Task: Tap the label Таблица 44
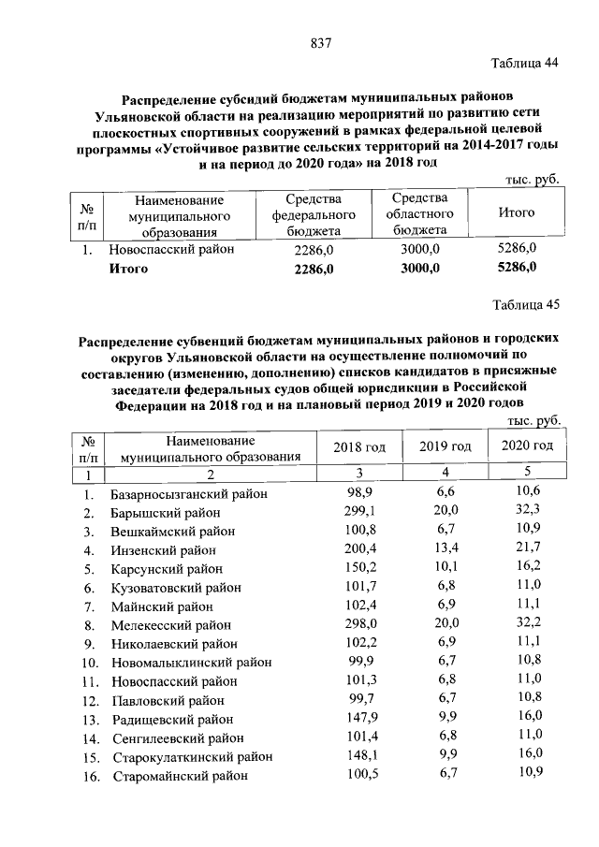click(x=524, y=64)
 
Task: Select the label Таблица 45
click(x=524, y=305)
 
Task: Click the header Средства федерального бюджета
click(x=314, y=214)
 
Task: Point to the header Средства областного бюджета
click(x=420, y=213)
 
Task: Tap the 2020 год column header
click(x=527, y=445)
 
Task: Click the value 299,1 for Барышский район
click(x=360, y=511)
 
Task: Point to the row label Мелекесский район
click(x=170, y=624)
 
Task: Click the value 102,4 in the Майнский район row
click(x=360, y=606)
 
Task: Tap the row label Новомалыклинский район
click(x=184, y=662)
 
